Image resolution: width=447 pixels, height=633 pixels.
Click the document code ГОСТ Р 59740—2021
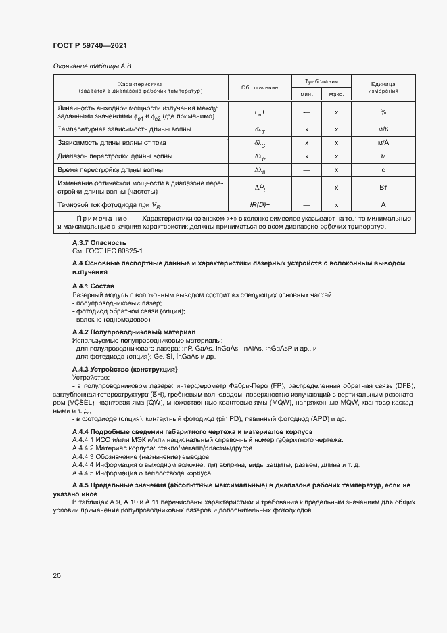click(90, 45)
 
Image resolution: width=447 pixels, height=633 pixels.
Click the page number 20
click(57, 575)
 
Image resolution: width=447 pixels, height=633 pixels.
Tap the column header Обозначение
click(260, 87)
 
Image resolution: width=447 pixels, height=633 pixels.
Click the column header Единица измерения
click(383, 87)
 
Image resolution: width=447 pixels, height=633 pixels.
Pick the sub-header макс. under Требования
click(336, 94)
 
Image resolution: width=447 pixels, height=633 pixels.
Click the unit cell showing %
click(383, 112)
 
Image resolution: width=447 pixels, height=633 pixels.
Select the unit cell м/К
click(383, 129)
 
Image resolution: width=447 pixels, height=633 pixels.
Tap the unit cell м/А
click(383, 143)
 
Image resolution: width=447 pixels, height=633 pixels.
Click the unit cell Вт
click(383, 187)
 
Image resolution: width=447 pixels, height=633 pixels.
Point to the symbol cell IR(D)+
click(260, 204)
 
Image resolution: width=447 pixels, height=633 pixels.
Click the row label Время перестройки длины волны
click(110, 170)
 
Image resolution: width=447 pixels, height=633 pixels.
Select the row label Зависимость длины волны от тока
click(112, 143)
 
